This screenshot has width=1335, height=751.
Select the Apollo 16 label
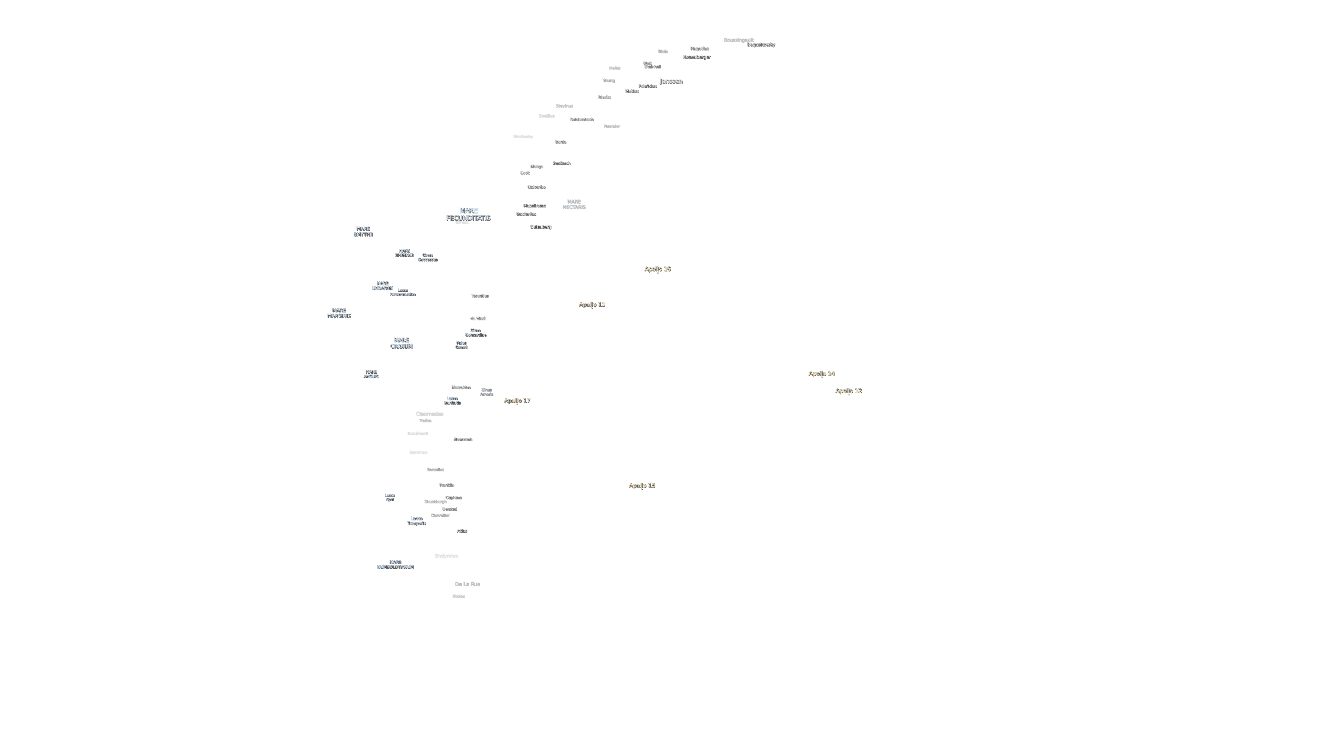pos(657,269)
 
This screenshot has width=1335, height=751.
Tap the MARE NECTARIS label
pos(574,204)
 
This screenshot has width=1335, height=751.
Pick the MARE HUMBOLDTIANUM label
pos(395,564)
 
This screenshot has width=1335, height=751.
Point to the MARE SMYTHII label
pos(363,232)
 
